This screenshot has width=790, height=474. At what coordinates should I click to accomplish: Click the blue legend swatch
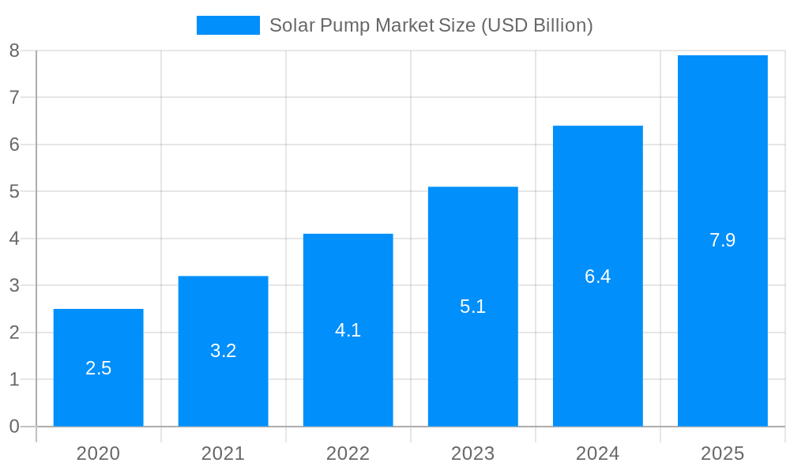(228, 25)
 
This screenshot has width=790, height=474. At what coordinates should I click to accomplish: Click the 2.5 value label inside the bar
(98, 368)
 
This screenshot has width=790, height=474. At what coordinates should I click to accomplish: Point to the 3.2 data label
(223, 351)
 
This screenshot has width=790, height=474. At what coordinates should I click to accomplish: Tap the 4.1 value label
(348, 330)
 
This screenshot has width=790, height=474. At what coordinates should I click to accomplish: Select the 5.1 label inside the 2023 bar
(472, 307)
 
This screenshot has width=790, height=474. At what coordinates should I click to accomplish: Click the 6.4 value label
(597, 276)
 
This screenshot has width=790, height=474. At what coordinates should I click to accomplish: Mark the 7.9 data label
(722, 240)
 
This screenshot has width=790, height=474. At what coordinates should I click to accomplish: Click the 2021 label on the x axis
(223, 453)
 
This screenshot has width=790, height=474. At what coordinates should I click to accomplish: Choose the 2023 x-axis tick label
(472, 453)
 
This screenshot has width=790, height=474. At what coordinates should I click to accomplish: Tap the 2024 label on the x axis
(597, 453)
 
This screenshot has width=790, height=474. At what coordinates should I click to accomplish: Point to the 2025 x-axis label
(722, 453)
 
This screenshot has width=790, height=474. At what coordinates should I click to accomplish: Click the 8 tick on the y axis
(14, 51)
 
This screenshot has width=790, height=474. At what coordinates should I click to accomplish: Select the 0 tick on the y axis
(14, 427)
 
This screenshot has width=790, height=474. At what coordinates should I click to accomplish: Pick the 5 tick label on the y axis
(14, 191)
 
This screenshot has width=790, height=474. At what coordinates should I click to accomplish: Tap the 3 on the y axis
(14, 285)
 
